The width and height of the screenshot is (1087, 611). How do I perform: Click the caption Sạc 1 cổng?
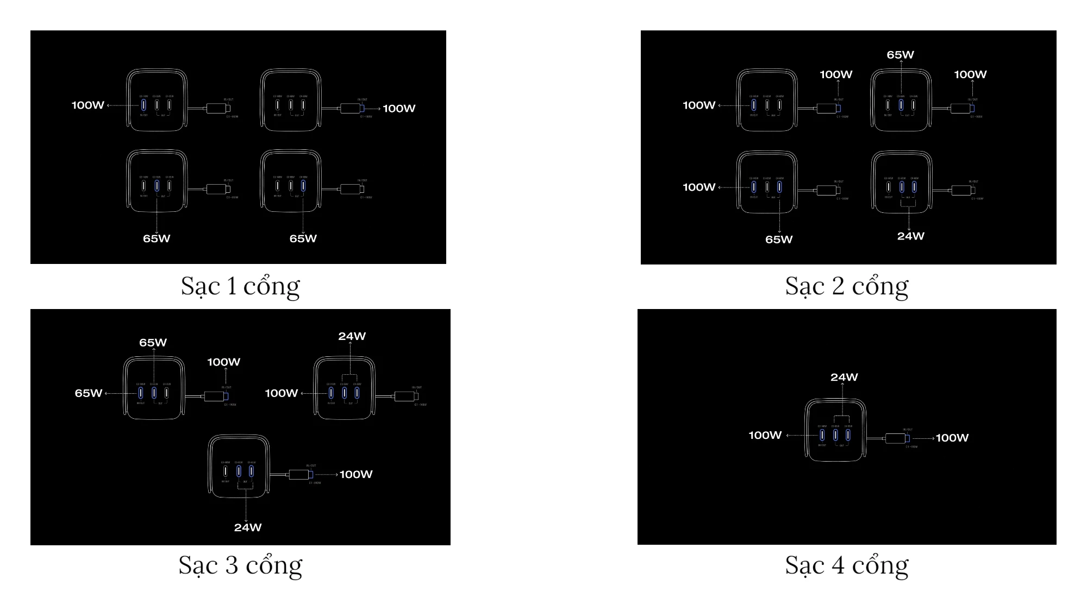pos(240,286)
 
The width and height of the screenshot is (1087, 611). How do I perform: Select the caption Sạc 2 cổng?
pos(846,286)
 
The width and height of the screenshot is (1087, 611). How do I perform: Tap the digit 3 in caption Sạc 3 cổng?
pos(232,565)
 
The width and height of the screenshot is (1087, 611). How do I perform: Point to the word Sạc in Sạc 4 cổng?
pos(804,565)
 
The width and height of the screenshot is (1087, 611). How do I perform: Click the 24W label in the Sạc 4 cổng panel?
pos(844,377)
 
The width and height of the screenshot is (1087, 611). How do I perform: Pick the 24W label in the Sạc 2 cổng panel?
pos(910,236)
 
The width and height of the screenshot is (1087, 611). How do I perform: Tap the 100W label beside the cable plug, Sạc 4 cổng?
pos(952,438)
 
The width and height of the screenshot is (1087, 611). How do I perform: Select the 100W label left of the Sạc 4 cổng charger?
pos(765,435)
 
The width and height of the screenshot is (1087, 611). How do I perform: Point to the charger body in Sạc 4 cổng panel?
pos(835,430)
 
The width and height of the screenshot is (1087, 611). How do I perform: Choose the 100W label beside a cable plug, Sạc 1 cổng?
pos(399,109)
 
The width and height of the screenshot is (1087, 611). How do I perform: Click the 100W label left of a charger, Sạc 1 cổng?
pos(88,105)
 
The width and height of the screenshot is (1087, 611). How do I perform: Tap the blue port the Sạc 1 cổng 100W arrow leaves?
pos(143,104)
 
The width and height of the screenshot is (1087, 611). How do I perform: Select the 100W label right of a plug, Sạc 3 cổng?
pos(356,474)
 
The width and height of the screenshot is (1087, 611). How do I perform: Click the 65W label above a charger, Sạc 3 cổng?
pos(153,343)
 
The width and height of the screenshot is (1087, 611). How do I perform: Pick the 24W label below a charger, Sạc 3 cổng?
pos(248,527)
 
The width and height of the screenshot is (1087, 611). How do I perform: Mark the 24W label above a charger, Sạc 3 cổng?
pos(352,336)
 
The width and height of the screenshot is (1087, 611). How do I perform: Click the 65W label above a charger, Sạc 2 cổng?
pos(900,55)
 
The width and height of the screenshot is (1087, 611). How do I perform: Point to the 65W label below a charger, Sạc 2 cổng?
pos(779,240)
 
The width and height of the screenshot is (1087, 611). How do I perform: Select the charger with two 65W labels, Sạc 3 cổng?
pos(154,388)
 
